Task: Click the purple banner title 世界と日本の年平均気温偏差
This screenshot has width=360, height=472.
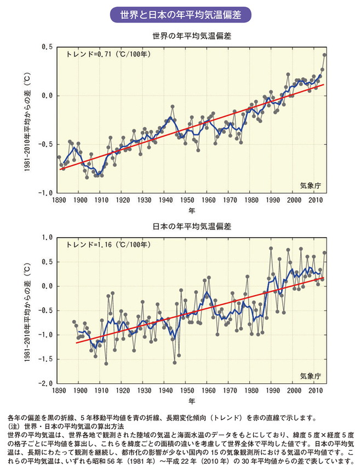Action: tap(180, 14)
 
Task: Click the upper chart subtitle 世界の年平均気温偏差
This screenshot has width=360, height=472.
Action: tap(191, 37)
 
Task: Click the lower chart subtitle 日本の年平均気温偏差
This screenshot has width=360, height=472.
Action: tap(191, 227)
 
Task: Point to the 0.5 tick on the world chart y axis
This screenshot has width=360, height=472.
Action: tap(48, 47)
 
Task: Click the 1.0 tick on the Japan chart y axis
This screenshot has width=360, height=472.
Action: tap(48, 238)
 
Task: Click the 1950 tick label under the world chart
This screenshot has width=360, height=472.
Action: tap(187, 201)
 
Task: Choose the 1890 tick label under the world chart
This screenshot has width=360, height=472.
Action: tap(59, 201)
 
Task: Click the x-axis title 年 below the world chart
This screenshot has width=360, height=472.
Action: tap(191, 211)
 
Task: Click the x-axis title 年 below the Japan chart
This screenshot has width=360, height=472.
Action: tap(191, 401)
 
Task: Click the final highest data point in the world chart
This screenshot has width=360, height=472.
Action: tap(324, 55)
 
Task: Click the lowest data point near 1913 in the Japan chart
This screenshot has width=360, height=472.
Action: tap(106, 364)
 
